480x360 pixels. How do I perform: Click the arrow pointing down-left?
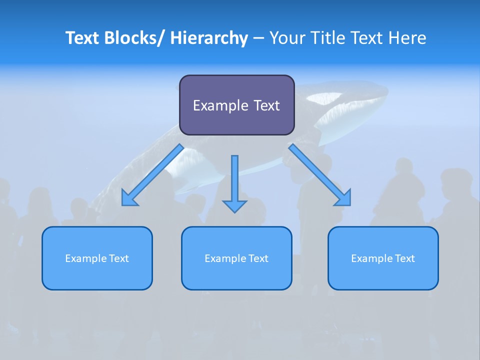152,175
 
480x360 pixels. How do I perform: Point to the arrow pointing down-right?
320,175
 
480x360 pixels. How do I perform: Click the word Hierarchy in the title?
209,38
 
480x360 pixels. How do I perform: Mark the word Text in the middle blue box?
257,258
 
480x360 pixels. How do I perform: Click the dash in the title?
258,38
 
